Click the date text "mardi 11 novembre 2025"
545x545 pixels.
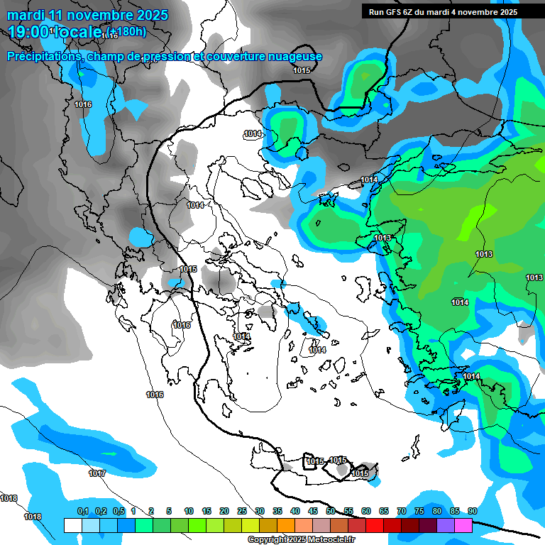87,15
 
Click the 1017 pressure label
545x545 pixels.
97,473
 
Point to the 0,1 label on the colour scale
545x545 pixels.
83,512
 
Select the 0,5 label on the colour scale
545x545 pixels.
119,512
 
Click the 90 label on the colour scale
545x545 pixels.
472,512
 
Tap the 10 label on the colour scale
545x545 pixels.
189,512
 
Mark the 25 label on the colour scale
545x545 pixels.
241,512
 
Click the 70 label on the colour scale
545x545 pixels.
401,512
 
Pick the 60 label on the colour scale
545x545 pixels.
365,512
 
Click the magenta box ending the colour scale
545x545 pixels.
463,526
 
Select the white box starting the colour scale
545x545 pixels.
72,526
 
